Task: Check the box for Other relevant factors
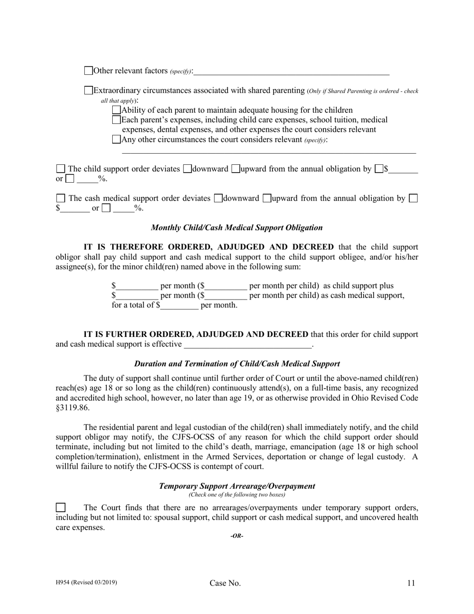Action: pos(88,71)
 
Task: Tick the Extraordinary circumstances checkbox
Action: pos(88,90)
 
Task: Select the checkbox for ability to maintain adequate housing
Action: pos(116,110)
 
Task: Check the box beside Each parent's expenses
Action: pos(116,120)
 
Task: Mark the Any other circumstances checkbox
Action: pos(116,139)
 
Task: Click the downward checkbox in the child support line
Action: pos(187,169)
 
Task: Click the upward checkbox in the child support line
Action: pos(236,169)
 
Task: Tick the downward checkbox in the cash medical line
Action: pos(218,198)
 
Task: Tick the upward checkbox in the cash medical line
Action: pos(266,198)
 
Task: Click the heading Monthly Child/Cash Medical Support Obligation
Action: pos(237,228)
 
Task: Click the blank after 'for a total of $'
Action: pos(179,306)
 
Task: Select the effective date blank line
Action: pos(247,344)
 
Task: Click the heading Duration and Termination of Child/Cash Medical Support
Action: pos(237,364)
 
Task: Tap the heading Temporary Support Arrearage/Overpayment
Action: pos(237,486)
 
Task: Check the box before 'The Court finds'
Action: pos(60,508)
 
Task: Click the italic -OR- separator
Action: pos(237,536)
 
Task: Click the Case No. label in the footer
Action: pos(225,583)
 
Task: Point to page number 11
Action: pos(411,583)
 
